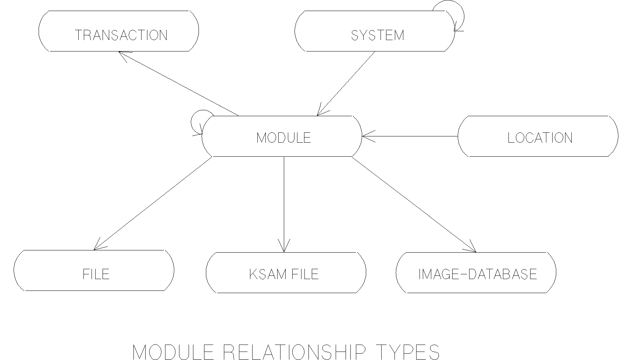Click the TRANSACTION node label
(x=121, y=35)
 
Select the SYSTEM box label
(x=378, y=35)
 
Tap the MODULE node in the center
(x=283, y=138)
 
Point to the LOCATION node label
(x=540, y=138)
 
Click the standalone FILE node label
(x=96, y=274)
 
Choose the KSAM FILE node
(x=283, y=274)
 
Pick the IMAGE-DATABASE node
(x=478, y=274)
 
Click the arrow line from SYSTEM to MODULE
(x=346, y=83)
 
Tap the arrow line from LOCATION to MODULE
(x=412, y=136)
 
